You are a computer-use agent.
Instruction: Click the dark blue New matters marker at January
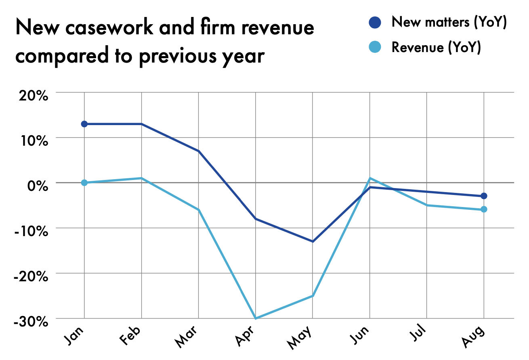[84, 124]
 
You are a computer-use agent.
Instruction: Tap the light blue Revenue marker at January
[84, 182]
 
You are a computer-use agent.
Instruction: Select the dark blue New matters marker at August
[484, 196]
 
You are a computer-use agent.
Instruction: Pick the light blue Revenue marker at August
[484, 209]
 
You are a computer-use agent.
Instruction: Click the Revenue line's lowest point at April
[256, 318]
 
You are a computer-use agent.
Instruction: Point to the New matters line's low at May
[313, 241]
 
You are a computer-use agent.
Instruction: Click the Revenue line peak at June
[370, 178]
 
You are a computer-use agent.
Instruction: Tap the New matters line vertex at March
[198, 151]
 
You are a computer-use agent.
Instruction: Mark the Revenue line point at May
[313, 296]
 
